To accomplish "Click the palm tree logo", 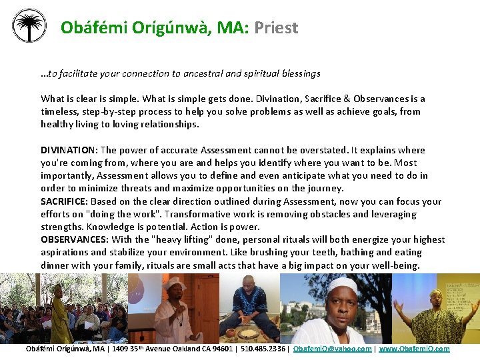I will (x=29, y=26).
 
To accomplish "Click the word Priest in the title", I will (x=276, y=27).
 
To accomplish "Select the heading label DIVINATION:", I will (x=69, y=150).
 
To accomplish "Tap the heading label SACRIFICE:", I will (x=64, y=201).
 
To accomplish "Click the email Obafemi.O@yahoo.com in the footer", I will (x=333, y=349).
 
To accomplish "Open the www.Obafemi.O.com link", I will (x=415, y=349).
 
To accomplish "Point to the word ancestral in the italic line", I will (x=192, y=73).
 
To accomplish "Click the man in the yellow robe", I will (x=61, y=314).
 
